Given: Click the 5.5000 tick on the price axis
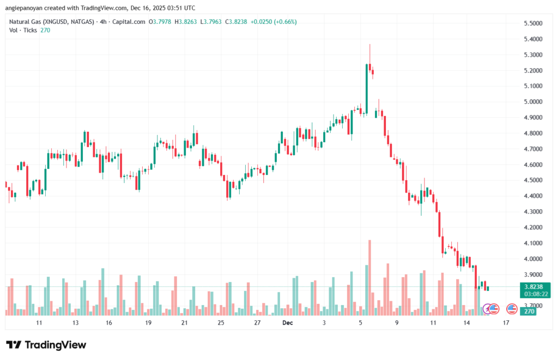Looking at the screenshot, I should (532, 23).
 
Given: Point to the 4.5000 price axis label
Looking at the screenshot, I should (532, 180).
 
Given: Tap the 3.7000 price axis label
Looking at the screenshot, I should (532, 306).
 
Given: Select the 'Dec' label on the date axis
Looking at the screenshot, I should (288, 323).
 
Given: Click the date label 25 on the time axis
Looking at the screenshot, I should (221, 323).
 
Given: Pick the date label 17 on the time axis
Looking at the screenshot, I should (506, 323).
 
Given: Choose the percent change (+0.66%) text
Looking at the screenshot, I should (284, 22).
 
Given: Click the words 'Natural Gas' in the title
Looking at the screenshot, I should (25, 22).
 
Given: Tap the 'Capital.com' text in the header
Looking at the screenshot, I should (131, 22).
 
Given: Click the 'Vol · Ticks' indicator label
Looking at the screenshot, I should (23, 30).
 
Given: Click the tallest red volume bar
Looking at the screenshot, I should (369, 277).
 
